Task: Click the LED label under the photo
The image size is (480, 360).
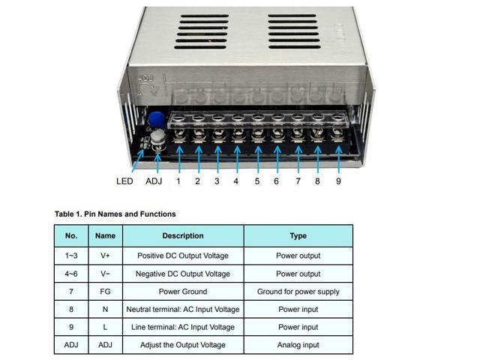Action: click(x=124, y=181)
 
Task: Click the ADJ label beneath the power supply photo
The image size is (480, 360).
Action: click(x=154, y=181)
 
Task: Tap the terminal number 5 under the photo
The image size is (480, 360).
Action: click(x=257, y=181)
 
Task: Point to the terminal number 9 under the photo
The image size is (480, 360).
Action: click(x=338, y=181)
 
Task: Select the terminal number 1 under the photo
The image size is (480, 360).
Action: click(x=178, y=181)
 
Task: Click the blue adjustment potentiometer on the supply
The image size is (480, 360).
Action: click(x=157, y=120)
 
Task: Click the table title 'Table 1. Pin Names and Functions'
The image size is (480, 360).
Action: click(x=115, y=214)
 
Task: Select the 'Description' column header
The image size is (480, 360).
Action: click(x=182, y=235)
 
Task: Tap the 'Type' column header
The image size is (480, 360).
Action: click(x=298, y=235)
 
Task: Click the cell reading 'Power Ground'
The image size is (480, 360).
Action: click(x=182, y=292)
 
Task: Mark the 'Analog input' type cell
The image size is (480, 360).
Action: click(x=298, y=345)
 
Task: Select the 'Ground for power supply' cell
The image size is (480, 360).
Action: click(x=298, y=292)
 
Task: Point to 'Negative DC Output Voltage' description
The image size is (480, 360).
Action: click(x=182, y=274)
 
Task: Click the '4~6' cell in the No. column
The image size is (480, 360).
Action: click(x=71, y=274)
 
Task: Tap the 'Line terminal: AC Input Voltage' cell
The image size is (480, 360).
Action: click(x=182, y=327)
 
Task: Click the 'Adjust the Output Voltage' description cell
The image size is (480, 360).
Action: click(x=182, y=345)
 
